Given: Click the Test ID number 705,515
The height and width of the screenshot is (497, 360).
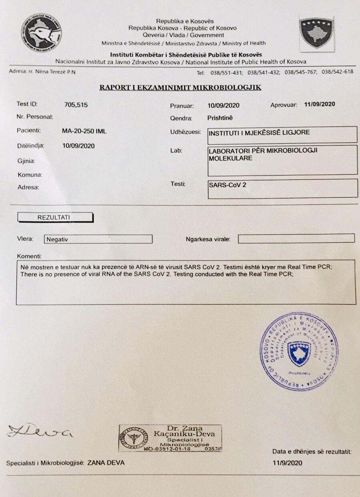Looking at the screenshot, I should point(76,105).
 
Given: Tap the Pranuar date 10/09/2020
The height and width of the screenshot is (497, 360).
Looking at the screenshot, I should point(223,106).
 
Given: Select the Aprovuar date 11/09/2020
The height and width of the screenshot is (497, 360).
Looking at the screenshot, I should point(319,105).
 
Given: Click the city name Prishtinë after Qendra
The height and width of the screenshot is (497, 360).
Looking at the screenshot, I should point(220,118).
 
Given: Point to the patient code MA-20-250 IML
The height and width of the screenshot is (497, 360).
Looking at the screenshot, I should point(84,131).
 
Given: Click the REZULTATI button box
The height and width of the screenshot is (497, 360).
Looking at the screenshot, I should point(55,217).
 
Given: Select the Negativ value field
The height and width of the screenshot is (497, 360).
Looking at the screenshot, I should point(98,239).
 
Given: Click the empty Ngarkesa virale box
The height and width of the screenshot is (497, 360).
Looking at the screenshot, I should point(296,239).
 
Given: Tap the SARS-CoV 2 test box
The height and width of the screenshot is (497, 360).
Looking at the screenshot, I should point(283,188).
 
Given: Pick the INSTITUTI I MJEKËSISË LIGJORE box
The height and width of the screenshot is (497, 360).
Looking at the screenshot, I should point(283,135).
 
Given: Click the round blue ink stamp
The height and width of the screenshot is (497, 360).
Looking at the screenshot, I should point(299,351).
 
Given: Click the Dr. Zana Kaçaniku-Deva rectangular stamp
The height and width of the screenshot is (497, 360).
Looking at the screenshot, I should point(170,438).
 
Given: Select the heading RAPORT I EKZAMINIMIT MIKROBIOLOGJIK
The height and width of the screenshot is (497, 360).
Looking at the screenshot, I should point(180,87).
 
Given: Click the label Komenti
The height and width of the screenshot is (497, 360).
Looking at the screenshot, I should point(30,256).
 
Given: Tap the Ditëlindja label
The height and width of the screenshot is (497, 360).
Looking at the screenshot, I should point(30,146).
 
